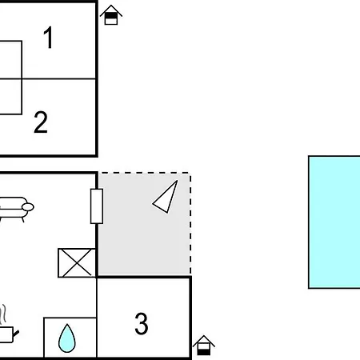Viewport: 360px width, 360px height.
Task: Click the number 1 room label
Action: pos(48,38)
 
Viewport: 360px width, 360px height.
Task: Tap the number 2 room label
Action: pos(41,122)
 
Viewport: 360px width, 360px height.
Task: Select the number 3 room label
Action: pos(142,323)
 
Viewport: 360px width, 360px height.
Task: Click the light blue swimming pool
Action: pos(334,222)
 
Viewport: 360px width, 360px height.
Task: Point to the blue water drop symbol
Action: pos(67,338)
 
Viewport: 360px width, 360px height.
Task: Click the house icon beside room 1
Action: pos(111,15)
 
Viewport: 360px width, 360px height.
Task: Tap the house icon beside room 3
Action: pos(204,346)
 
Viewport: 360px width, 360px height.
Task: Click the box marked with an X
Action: pos(77,263)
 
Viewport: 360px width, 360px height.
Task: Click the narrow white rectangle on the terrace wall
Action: pos(97,206)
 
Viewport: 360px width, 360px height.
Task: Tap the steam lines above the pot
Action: pos(2,314)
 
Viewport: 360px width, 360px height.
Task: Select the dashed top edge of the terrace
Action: pos(144,173)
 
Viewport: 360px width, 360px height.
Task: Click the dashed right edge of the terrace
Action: pos(190,224)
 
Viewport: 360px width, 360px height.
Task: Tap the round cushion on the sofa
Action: pos(28,207)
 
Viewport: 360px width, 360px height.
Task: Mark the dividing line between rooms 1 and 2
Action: pos(48,79)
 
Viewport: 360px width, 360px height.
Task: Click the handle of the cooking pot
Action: pos(16,334)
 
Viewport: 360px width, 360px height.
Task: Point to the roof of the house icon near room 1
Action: pos(111,10)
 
